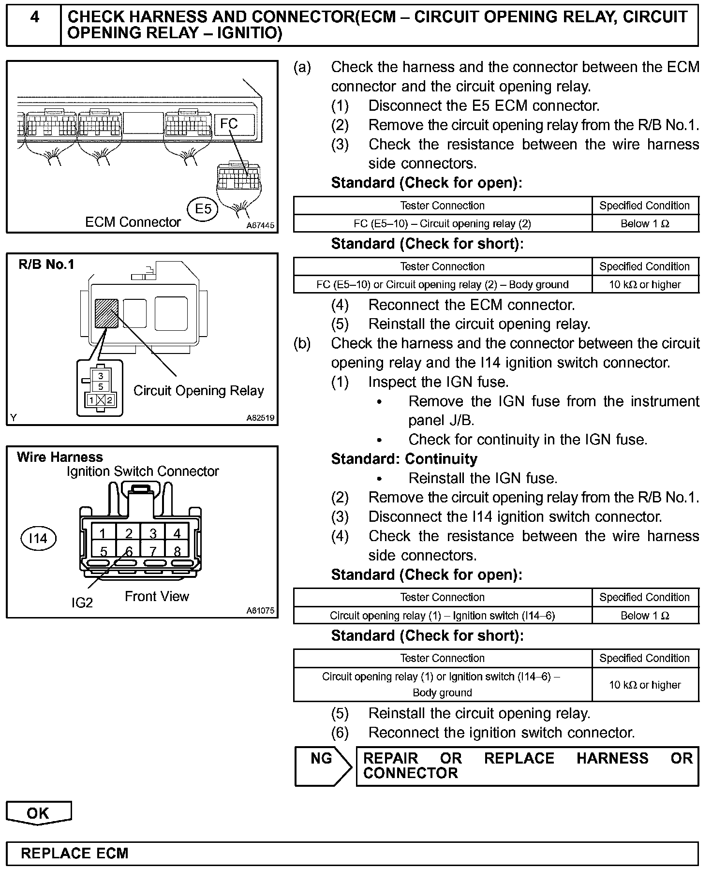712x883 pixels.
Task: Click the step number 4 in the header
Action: pos(34,17)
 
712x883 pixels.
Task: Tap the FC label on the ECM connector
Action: pos(229,124)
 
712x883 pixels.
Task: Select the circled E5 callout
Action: pos(203,209)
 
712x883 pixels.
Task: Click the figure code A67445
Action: pos(260,225)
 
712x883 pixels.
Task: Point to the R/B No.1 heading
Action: pos(46,265)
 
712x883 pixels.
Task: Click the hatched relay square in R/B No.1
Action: pos(107,313)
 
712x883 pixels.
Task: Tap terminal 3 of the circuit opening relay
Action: pos(101,376)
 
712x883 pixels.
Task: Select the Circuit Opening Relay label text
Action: pos(198,391)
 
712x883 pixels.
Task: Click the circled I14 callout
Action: pos(38,538)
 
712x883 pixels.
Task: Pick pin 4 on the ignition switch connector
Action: pos(177,533)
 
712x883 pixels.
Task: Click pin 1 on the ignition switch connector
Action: pos(103,533)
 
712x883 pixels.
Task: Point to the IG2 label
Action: pos(82,603)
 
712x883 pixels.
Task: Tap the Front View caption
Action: pos(157,596)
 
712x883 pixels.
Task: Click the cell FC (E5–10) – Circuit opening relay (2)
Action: pos(442,223)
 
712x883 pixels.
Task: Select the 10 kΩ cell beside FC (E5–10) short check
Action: pos(645,284)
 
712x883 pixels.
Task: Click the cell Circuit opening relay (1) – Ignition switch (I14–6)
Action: pos(442,616)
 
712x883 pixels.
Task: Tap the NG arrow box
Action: pos(322,766)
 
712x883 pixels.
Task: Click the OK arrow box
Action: pos(38,813)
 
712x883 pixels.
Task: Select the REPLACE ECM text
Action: pos(74,853)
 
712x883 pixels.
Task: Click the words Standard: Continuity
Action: pos(404,459)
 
